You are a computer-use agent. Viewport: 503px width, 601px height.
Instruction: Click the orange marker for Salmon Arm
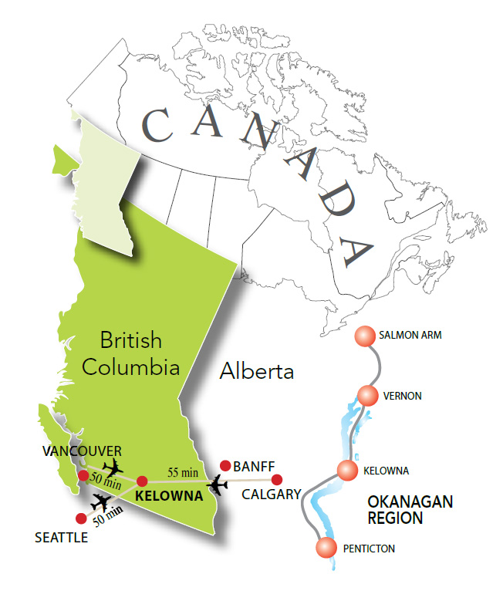[x=364, y=337]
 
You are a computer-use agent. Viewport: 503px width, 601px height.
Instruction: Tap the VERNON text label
[x=403, y=396]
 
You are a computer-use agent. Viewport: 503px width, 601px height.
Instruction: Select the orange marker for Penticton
[x=327, y=549]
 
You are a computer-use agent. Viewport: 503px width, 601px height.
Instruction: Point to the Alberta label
[x=257, y=372]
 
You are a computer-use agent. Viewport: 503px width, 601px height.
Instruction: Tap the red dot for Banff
[x=225, y=465]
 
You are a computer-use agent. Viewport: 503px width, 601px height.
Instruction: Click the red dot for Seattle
[x=82, y=518]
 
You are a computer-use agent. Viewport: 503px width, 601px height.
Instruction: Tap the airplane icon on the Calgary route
[x=218, y=485]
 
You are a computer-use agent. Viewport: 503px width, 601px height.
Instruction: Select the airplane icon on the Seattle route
[x=100, y=502]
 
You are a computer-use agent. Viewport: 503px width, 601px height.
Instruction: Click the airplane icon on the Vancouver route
[x=113, y=467]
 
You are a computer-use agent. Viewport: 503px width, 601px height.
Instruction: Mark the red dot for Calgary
[x=277, y=479]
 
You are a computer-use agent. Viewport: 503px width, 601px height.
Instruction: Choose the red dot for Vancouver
[x=83, y=474]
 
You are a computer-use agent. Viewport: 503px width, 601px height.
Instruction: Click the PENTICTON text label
[x=366, y=549]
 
